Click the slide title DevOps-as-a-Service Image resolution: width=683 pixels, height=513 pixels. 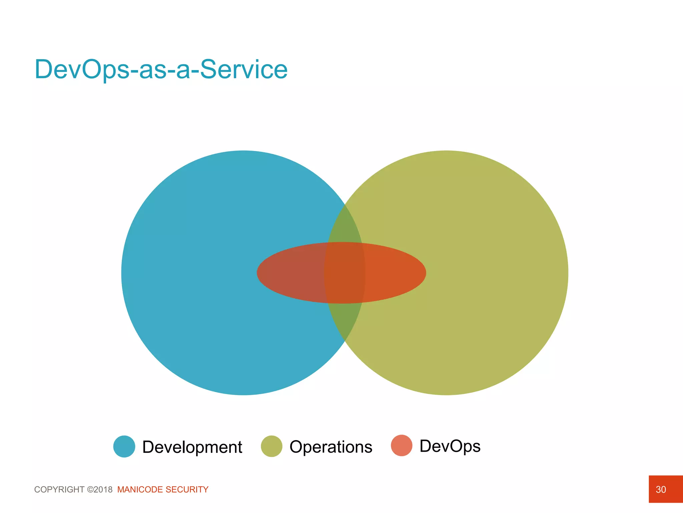pos(161,69)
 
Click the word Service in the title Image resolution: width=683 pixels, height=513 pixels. pos(243,69)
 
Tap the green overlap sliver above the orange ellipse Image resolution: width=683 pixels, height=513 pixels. pos(345,227)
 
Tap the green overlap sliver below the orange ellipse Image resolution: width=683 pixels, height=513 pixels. pos(345,319)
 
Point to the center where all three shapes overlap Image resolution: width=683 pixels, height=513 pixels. pos(345,273)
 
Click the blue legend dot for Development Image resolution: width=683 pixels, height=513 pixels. pos(124,447)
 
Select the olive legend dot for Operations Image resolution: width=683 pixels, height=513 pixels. pos(271,446)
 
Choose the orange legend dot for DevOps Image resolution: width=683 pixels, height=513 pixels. pos(402,446)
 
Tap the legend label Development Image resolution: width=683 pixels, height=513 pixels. pos(192,447)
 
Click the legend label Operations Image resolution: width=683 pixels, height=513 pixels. pos(331,447)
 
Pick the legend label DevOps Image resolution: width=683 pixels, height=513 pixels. pos(450,446)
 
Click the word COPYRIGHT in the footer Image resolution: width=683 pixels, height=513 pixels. pos(59,490)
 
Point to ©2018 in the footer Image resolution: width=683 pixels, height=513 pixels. pos(100,490)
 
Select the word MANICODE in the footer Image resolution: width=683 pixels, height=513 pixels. pos(140,490)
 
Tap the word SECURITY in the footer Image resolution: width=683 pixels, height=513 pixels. pos(187,490)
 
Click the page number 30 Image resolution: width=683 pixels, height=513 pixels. pos(661,490)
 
